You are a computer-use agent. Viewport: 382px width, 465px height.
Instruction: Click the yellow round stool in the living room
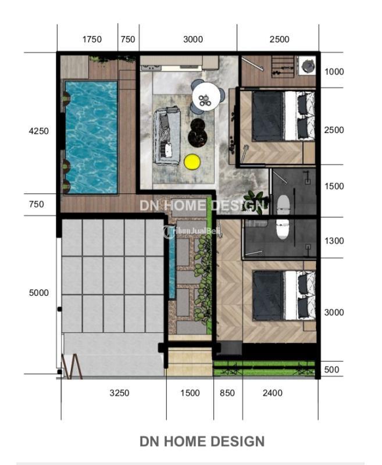(192, 162)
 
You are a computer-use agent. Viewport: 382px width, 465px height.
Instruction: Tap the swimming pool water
(91, 137)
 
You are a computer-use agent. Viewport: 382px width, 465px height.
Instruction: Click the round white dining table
(206, 96)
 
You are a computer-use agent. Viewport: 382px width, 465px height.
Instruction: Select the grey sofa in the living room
(167, 136)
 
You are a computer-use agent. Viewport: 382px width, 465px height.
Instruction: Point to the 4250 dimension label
(38, 131)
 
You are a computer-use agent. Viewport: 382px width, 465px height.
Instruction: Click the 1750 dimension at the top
(92, 39)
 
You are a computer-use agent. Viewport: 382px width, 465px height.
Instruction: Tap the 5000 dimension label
(39, 293)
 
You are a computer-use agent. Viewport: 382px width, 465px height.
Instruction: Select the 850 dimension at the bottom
(227, 393)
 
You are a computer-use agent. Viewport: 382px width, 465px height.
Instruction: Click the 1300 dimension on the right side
(334, 241)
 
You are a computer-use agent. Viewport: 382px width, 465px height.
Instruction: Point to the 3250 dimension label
(120, 393)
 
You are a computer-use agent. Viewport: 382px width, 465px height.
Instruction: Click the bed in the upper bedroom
(283, 116)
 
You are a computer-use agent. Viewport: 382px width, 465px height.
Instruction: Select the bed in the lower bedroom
(284, 296)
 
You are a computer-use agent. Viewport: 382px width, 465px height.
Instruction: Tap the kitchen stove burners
(152, 67)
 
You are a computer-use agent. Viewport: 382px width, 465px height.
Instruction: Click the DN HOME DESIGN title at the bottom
(202, 441)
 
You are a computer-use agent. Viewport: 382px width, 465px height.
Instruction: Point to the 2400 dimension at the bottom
(273, 393)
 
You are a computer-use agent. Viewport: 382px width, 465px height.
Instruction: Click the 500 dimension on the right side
(331, 370)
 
